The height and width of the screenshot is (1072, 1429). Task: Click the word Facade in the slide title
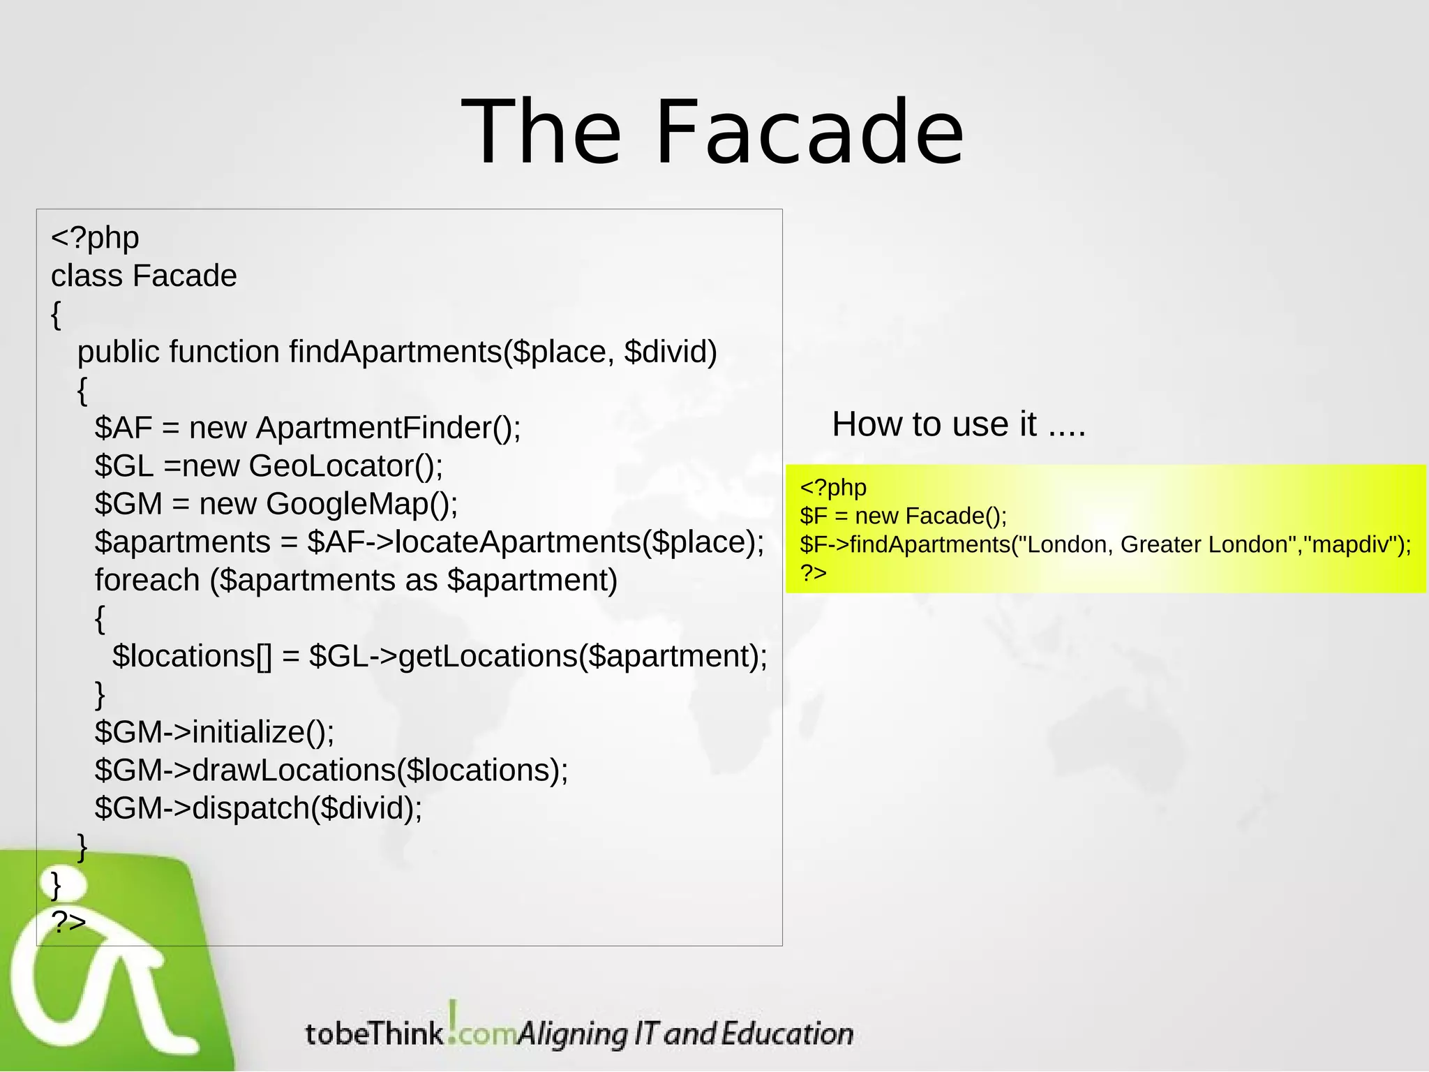click(809, 133)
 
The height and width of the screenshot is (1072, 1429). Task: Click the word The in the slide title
click(541, 133)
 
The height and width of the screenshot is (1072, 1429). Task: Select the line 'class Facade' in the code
click(144, 276)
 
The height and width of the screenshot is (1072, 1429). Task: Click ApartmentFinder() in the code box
click(388, 428)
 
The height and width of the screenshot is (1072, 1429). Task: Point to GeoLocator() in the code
click(345, 466)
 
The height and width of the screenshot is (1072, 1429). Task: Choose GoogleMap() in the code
click(361, 504)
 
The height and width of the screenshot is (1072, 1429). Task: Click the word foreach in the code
click(147, 580)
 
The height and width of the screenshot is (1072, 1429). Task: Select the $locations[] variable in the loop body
click(192, 656)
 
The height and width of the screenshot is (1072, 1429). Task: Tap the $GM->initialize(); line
click(214, 732)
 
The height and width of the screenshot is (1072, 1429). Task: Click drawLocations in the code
click(294, 770)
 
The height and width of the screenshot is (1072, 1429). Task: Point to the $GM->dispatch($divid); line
click(258, 808)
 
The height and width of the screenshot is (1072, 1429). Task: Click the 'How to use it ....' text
click(959, 424)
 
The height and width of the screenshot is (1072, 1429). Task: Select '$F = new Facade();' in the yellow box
click(903, 516)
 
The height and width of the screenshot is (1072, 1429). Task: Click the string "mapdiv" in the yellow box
click(1352, 545)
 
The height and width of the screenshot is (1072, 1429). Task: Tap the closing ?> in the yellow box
click(813, 573)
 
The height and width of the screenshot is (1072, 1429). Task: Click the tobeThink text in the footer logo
click(374, 1034)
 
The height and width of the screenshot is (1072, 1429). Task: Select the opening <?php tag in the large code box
click(95, 238)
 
